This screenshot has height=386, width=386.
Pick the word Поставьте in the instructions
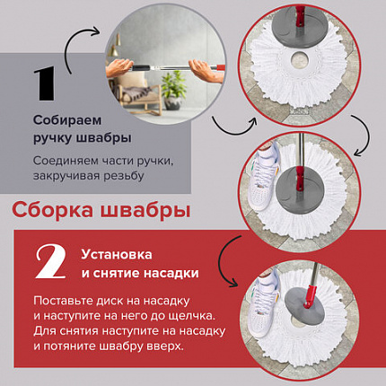(66, 299)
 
